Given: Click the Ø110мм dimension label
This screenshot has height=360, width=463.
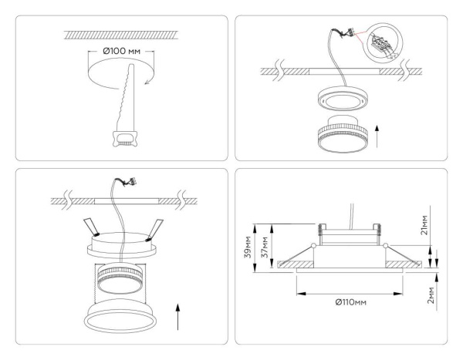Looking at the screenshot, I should tap(350, 301).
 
